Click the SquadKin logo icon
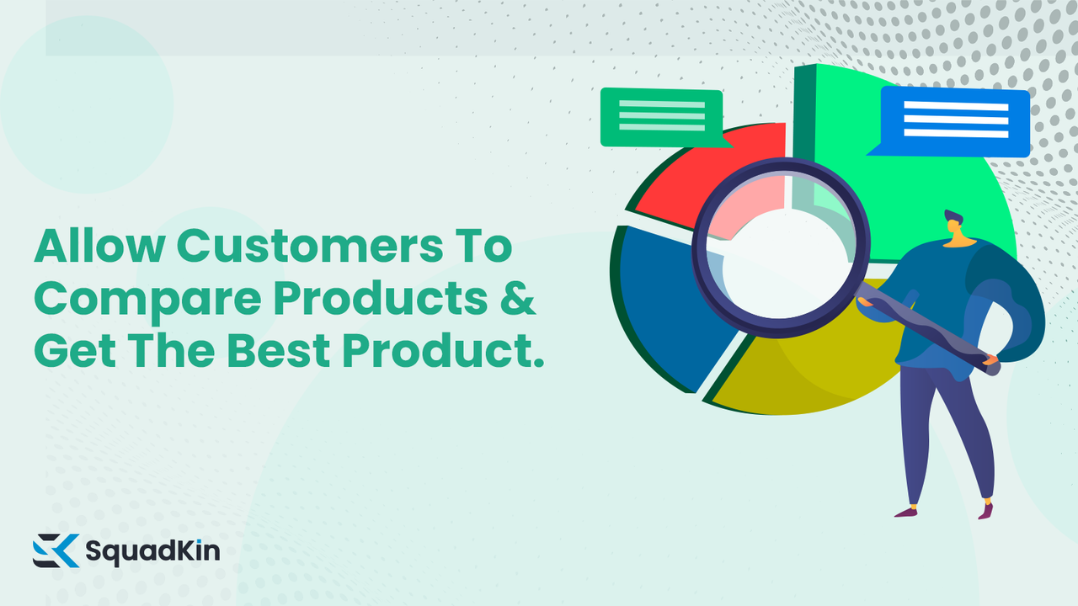click(56, 550)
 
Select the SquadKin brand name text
click(152, 552)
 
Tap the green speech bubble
click(661, 117)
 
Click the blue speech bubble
click(955, 120)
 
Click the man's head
click(954, 227)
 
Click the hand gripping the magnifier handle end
click(992, 364)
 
